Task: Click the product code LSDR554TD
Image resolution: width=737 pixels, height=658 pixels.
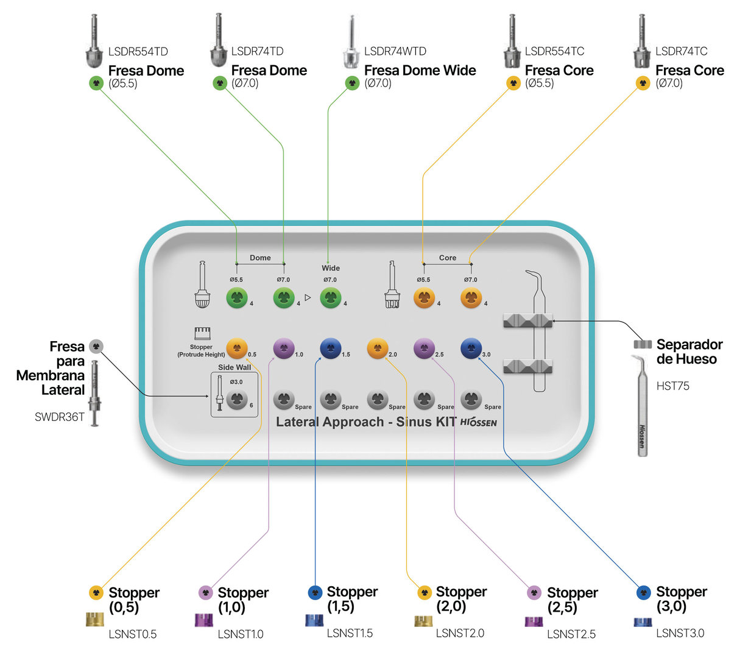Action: point(138,52)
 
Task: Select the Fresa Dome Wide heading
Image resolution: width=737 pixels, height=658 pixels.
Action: point(420,71)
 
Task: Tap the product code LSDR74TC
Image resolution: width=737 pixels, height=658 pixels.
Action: point(681,52)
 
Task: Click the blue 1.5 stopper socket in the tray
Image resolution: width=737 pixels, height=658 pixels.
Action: point(330,349)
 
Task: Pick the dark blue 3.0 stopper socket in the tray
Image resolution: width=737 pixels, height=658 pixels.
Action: point(471,349)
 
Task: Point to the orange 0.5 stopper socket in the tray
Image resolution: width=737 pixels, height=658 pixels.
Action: point(236,349)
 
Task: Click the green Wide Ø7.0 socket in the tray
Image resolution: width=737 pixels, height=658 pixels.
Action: point(330,298)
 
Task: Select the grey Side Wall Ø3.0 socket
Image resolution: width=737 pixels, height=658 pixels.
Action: point(236,400)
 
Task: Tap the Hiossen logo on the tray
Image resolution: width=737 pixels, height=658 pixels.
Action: point(478,422)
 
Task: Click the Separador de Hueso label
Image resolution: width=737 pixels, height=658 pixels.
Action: point(689,352)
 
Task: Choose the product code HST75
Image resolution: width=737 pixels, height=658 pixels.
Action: point(672,386)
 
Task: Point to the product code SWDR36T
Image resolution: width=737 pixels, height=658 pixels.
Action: point(60,417)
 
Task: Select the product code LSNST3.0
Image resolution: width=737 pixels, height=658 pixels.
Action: point(680,634)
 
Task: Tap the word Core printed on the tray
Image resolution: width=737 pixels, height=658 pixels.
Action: point(448,258)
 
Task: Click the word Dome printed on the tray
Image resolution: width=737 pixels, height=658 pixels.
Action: point(260,258)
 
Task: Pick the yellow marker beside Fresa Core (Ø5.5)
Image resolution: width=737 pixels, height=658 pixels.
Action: point(513,83)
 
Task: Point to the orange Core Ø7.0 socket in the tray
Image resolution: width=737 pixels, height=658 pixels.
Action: point(471,298)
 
